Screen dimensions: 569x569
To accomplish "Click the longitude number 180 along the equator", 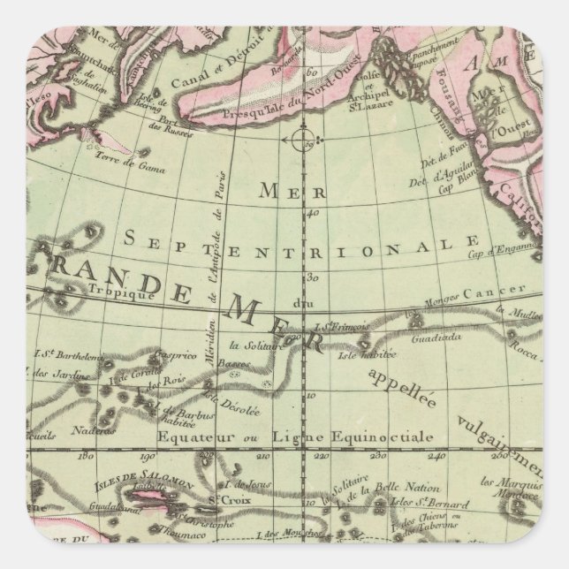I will coord(86,457).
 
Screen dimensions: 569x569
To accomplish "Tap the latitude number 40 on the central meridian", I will coord(312,212).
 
